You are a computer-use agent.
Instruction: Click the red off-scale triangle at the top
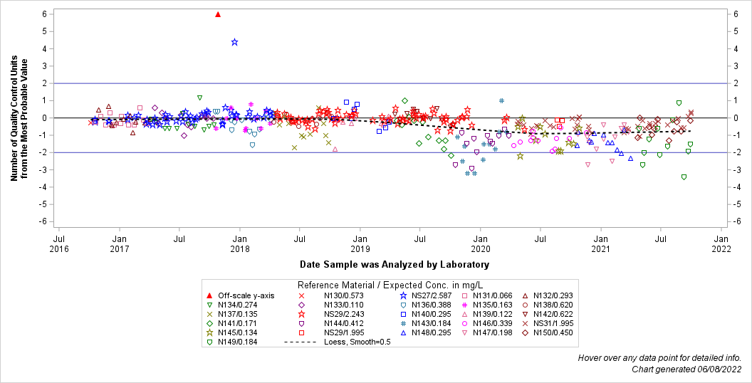[218, 14]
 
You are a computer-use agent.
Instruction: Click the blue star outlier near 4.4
[234, 42]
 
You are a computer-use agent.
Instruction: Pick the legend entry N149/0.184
[238, 342]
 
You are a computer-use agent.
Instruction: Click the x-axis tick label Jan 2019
[360, 243]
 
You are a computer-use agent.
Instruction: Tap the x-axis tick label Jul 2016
[59, 243]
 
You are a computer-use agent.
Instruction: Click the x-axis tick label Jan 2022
[721, 243]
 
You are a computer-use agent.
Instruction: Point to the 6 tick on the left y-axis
[44, 14]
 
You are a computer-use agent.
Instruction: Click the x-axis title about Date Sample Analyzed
[394, 264]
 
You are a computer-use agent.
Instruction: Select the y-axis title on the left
[19, 118]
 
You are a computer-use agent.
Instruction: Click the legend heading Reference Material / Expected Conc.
[388, 284]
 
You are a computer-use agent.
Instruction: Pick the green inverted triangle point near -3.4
[684, 177]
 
